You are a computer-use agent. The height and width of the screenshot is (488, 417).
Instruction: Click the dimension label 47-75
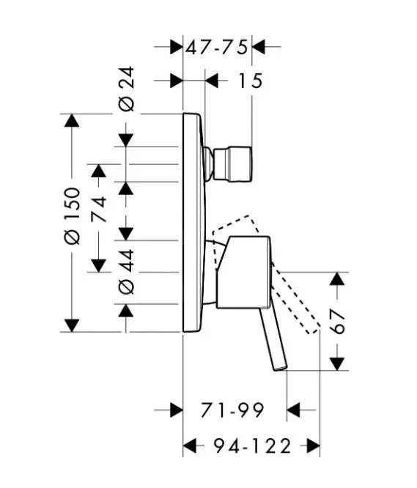coord(217,47)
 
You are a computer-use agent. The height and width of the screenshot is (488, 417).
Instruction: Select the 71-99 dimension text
coord(232,410)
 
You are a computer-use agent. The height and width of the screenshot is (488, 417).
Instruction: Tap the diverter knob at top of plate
coord(233,163)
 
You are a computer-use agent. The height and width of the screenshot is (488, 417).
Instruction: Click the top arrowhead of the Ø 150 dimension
coord(71,121)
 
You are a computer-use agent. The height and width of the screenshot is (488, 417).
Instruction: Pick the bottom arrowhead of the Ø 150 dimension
coord(71,325)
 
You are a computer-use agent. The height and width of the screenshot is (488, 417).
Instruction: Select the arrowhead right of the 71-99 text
coord(294,410)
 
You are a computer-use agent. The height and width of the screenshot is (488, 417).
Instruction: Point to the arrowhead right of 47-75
coord(259,47)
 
